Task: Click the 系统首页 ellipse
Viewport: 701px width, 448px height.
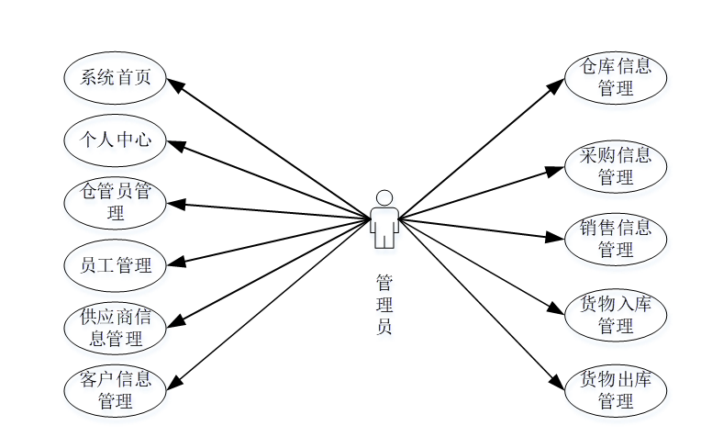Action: (x=115, y=78)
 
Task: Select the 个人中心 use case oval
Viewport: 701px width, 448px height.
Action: (x=115, y=140)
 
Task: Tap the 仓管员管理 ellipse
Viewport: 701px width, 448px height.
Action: (x=115, y=203)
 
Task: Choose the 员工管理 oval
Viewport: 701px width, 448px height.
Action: (x=115, y=265)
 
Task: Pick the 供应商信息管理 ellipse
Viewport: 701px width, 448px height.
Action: (x=115, y=328)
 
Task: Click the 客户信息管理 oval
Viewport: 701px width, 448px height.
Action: (x=115, y=389)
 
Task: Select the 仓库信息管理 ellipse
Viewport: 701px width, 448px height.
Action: (x=615, y=77)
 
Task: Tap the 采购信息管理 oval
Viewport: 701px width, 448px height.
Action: (x=615, y=165)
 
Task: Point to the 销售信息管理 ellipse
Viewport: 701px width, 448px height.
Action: (x=615, y=238)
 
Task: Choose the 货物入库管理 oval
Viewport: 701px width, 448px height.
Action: (x=615, y=314)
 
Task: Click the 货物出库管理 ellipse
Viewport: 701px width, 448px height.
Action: (x=615, y=389)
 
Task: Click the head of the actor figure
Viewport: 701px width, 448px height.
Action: (x=384, y=197)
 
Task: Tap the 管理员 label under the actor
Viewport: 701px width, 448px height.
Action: (x=384, y=303)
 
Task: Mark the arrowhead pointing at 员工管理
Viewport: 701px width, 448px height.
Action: (x=173, y=263)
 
